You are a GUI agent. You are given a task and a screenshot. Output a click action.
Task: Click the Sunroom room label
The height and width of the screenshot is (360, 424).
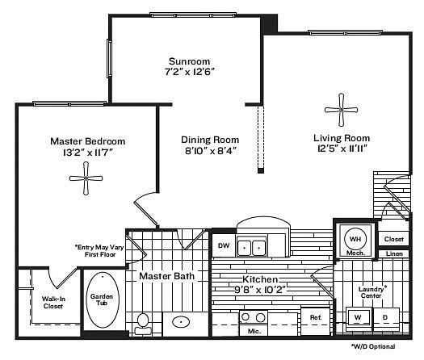pyautogui.click(x=189, y=61)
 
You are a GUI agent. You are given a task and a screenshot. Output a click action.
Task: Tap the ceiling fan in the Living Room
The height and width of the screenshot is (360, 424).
pyautogui.click(x=342, y=110)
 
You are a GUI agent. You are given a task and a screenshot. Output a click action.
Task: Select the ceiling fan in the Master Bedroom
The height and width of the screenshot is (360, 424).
pyautogui.click(x=86, y=178)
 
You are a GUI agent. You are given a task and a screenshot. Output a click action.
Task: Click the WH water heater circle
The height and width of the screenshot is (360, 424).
pyautogui.click(x=355, y=239)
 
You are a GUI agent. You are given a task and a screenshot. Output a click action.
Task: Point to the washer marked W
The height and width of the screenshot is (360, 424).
pyautogui.click(x=358, y=318)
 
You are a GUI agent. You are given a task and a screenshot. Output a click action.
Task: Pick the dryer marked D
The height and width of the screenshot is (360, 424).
pyautogui.click(x=386, y=318)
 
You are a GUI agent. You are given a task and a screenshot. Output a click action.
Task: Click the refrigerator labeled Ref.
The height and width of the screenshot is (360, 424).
pyautogui.click(x=316, y=320)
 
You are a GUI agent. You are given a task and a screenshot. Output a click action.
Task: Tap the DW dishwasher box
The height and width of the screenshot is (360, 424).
pyautogui.click(x=224, y=245)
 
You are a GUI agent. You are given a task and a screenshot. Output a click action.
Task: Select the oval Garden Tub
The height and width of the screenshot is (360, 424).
pyautogui.click(x=103, y=300)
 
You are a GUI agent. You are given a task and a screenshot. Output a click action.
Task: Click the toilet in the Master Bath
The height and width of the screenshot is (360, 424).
pyautogui.click(x=143, y=324)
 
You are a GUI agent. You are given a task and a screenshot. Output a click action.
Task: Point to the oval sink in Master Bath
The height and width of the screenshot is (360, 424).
pyautogui.click(x=181, y=321)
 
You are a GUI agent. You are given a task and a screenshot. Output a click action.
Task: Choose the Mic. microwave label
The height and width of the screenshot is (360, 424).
pyautogui.click(x=254, y=331)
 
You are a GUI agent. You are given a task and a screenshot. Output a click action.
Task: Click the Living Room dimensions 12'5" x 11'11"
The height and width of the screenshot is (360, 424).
pyautogui.click(x=342, y=149)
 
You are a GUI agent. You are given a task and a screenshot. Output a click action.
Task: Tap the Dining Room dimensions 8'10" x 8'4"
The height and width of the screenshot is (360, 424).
pyautogui.click(x=211, y=151)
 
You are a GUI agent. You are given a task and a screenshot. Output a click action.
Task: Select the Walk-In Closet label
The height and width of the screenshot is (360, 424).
pyautogui.click(x=53, y=303)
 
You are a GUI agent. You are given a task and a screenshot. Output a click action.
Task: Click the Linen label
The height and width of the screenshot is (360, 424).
pyautogui.click(x=394, y=253)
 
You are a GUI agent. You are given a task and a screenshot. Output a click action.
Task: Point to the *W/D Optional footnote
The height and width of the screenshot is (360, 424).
pyautogui.click(x=373, y=346)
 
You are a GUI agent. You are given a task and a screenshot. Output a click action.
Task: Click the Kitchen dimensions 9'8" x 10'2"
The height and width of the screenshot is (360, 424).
pyautogui.click(x=260, y=290)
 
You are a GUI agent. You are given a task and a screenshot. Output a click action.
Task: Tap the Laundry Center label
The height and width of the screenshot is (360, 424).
pyautogui.click(x=372, y=292)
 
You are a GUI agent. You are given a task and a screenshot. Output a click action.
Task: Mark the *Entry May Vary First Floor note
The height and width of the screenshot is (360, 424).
pyautogui.click(x=99, y=251)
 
